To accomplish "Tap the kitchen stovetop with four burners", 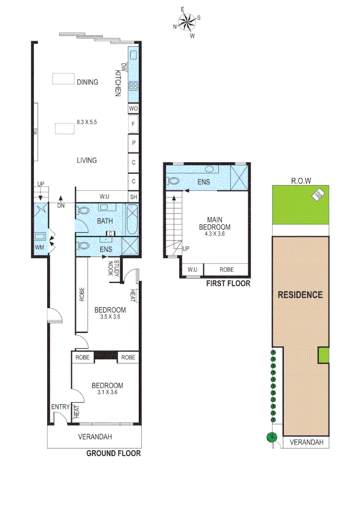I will pos(133,86).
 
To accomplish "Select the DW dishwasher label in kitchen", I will pos(124,67).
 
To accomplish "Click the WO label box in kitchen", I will pos(133,108).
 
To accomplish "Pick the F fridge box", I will pos(133,125).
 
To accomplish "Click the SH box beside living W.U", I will pos(133,196).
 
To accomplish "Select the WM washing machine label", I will pos(39,246).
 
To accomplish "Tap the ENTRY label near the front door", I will pos(61,407).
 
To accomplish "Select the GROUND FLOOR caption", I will pos(113,453).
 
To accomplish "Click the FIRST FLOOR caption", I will pos(228,284).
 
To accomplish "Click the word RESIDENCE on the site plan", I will pos(300,295).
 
